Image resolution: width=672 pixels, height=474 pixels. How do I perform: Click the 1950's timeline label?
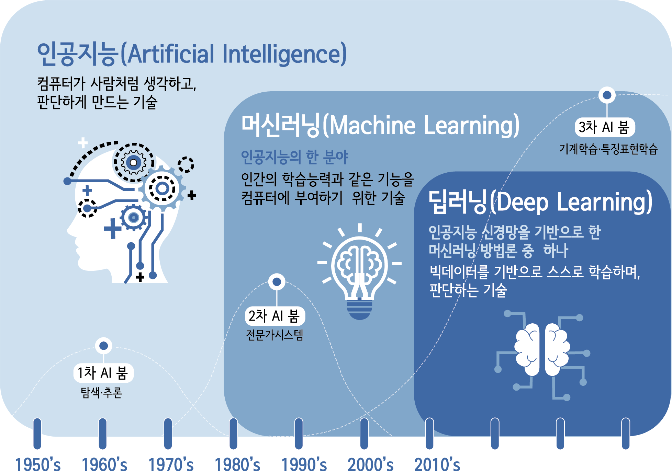[x=38, y=465]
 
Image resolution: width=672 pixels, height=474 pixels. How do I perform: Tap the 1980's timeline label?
[x=237, y=465]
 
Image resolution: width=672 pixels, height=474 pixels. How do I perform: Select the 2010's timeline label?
[x=437, y=465]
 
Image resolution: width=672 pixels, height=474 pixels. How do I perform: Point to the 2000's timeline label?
[x=370, y=465]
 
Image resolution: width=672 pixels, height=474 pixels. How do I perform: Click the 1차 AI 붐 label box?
[x=103, y=373]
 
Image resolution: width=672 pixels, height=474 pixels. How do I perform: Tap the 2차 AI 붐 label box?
[x=275, y=316]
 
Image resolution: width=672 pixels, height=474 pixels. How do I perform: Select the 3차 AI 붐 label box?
[x=605, y=127]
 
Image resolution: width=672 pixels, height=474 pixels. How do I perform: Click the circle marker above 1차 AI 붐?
[x=103, y=346]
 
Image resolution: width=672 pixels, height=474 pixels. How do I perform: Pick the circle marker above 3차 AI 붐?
[x=607, y=95]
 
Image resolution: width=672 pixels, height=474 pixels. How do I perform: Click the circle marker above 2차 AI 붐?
[x=277, y=282]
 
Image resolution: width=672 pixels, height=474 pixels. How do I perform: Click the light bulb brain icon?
[x=359, y=271]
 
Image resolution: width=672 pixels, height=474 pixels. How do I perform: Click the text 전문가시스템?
[x=275, y=335]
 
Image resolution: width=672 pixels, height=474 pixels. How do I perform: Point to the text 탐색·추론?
[x=101, y=392]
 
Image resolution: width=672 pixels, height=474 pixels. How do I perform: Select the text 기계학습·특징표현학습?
[x=608, y=149]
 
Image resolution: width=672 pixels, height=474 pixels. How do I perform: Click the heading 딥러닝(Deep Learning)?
[x=540, y=201]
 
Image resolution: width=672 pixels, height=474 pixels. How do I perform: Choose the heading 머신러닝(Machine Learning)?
[x=380, y=125]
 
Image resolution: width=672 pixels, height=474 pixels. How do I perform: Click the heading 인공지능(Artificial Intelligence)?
[x=192, y=54]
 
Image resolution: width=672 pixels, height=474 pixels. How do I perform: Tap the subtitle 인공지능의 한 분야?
[x=294, y=157]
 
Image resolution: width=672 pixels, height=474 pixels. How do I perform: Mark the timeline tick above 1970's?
[x=168, y=433]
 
